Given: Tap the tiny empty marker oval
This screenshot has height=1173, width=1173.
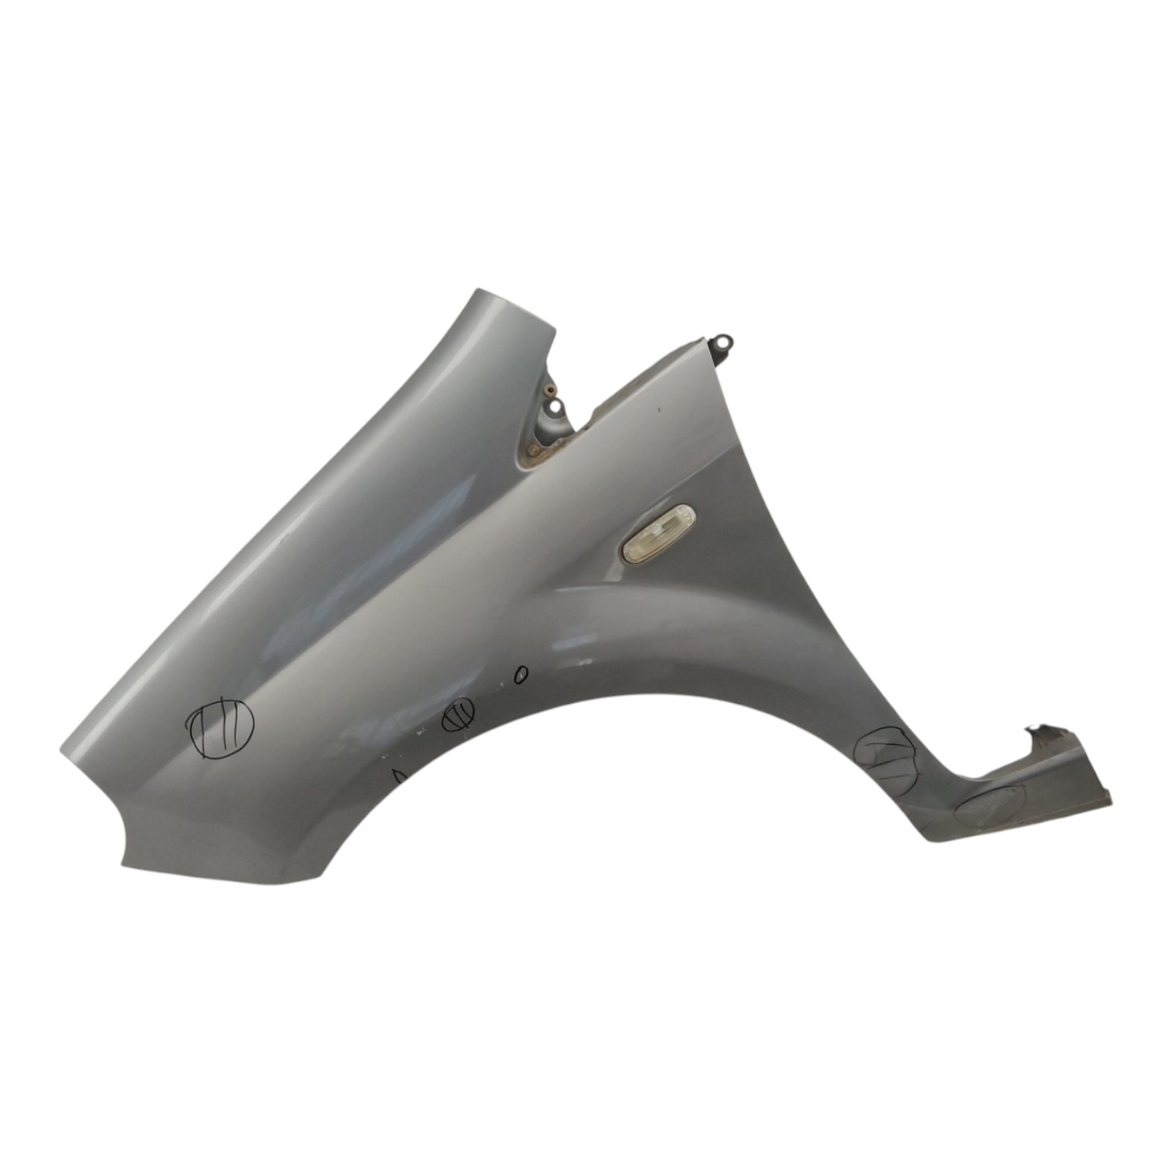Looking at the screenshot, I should [x=520, y=673].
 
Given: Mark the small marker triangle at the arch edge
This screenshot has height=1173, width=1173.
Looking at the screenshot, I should [x=398, y=775].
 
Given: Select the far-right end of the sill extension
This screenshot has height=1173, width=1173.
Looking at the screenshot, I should [x=1109, y=804].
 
